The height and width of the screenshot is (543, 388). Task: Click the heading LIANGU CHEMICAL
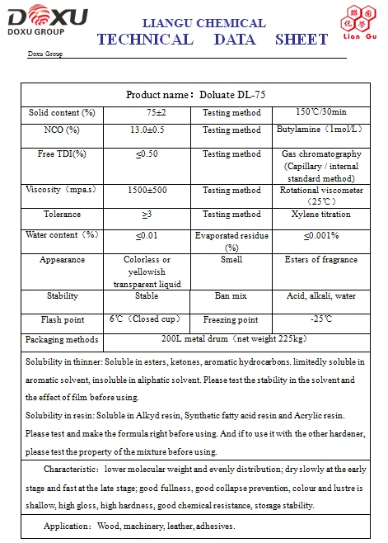click(204, 23)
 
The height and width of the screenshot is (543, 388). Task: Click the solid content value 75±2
click(157, 113)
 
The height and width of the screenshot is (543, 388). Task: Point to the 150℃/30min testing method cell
click(320, 112)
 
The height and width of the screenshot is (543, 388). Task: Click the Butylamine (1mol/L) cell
click(320, 130)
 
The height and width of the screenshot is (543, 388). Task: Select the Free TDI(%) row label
click(62, 154)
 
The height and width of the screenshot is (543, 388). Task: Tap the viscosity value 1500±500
click(148, 191)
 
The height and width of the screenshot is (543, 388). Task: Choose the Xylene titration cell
click(320, 215)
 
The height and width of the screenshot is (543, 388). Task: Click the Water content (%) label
click(62, 235)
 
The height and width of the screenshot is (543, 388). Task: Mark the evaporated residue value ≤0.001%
click(320, 235)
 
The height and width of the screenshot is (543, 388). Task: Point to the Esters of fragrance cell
click(320, 260)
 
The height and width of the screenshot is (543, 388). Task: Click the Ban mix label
click(231, 295)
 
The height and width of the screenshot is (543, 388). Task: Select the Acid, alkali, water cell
click(320, 295)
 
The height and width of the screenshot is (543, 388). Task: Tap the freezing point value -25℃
click(320, 319)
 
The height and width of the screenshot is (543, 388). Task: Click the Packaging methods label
click(62, 340)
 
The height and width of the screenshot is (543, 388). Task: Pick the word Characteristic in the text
click(71, 469)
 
